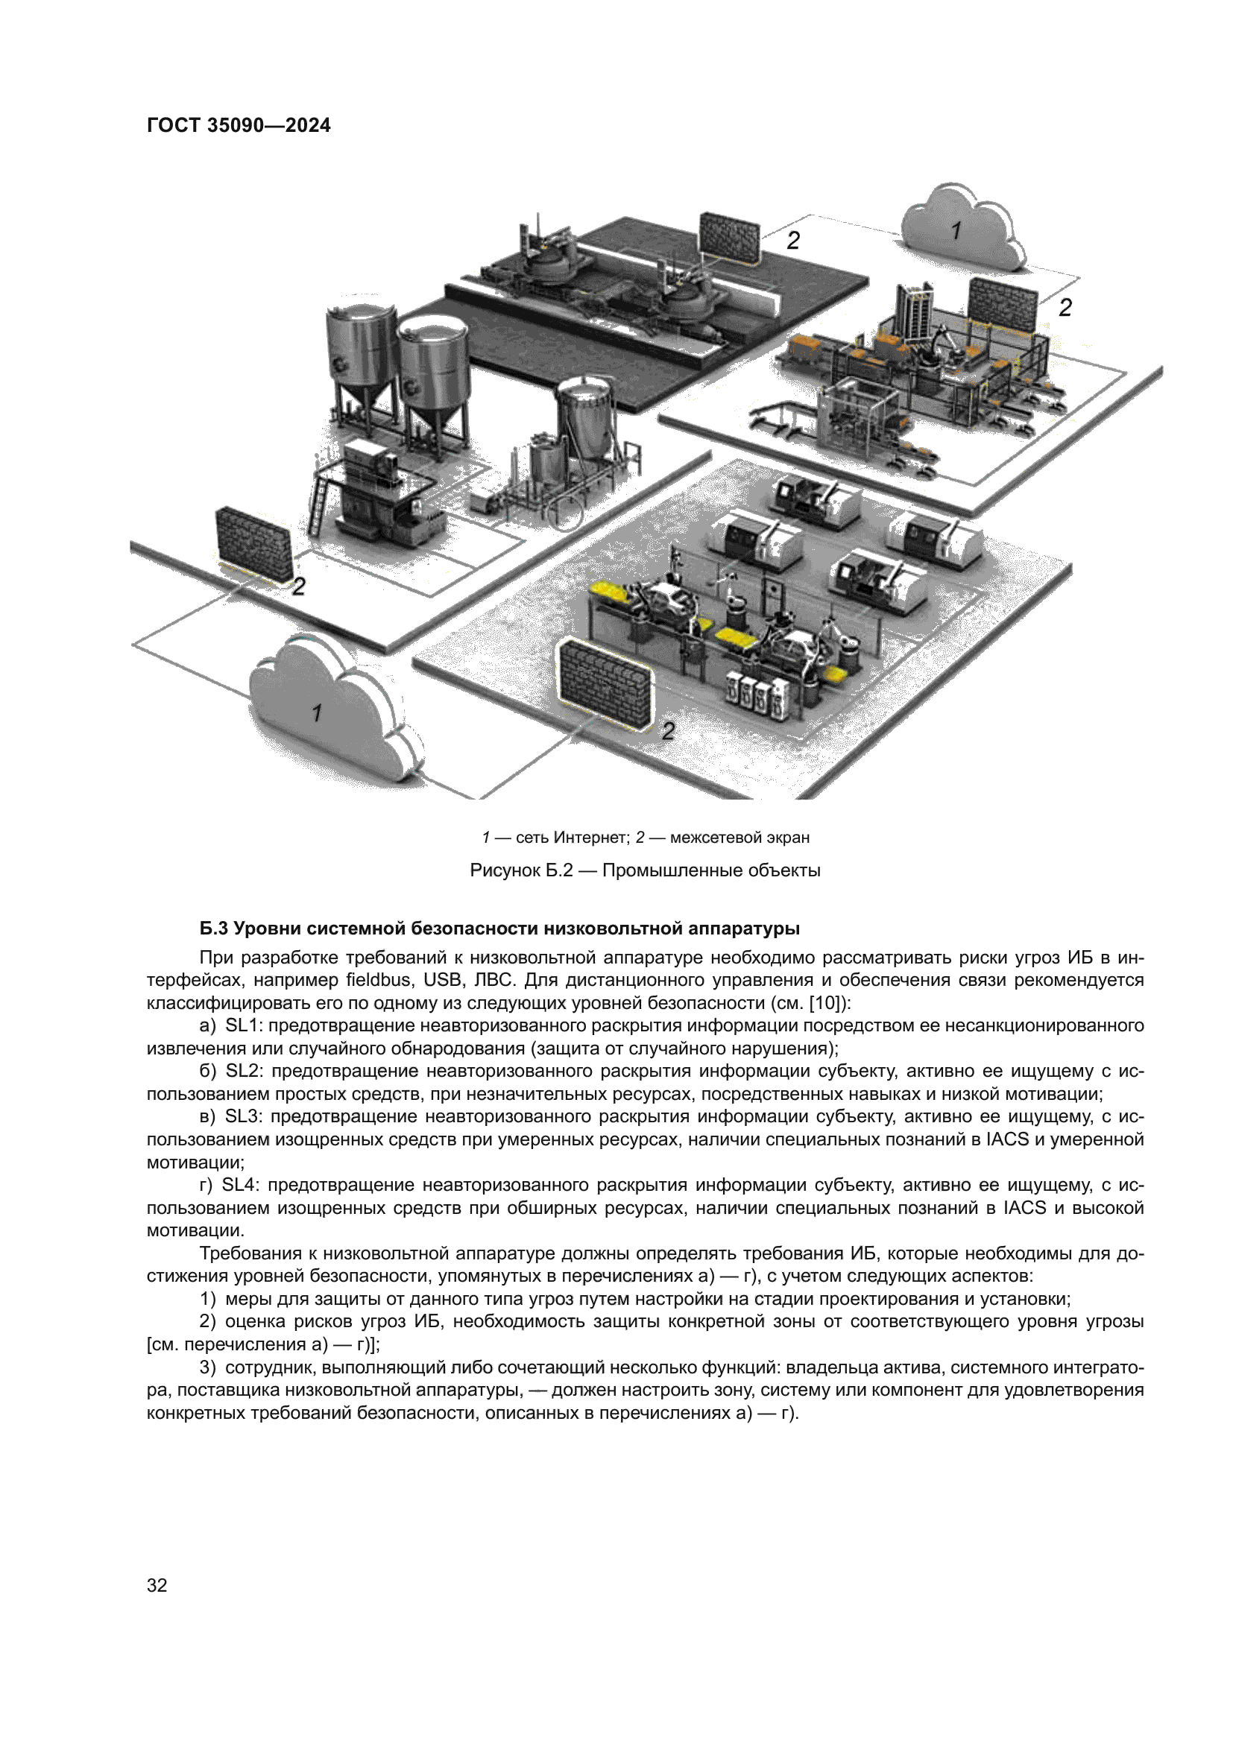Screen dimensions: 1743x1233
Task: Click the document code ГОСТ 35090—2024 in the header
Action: click(239, 125)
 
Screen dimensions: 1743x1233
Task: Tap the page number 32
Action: click(157, 1585)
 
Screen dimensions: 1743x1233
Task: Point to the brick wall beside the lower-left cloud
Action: click(253, 543)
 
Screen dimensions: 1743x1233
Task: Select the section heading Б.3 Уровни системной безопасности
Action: click(499, 929)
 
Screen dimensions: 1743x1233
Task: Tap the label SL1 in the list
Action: click(242, 1025)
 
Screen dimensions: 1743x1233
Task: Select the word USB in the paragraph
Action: click(444, 980)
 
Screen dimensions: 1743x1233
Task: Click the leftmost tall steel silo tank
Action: click(360, 357)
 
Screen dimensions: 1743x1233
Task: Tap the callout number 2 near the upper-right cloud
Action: click(1065, 308)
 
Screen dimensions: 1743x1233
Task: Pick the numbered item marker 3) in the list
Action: click(208, 1367)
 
